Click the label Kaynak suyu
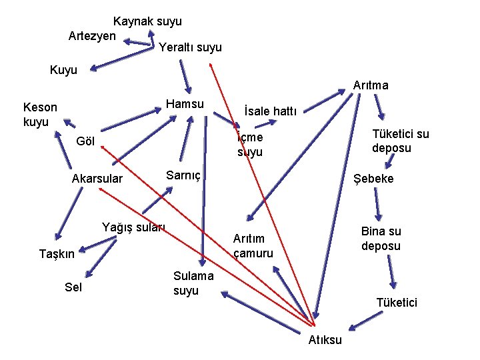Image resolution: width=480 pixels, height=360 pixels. (147, 21)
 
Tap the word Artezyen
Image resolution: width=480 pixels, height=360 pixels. (92, 35)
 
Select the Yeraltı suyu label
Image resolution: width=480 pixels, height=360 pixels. (190, 47)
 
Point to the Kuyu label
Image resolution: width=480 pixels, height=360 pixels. (63, 69)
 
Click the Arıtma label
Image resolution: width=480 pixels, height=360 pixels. (371, 85)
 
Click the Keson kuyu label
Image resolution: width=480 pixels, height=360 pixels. (40, 114)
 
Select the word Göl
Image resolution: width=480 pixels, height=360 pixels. (87, 141)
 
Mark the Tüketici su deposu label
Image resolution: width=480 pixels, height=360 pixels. (401, 141)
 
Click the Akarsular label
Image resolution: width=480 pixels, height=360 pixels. (97, 179)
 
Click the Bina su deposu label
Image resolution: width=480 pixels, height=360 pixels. (381, 239)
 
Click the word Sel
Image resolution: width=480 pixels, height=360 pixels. (73, 287)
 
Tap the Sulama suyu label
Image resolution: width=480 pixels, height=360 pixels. (193, 283)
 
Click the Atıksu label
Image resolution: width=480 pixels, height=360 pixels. (325, 340)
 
